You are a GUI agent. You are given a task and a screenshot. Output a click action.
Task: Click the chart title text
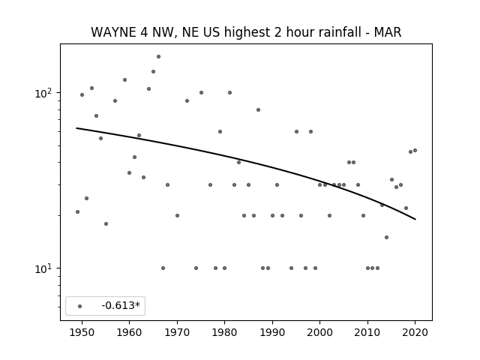click(246, 32)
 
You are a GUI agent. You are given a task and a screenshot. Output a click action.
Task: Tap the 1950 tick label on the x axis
click(82, 333)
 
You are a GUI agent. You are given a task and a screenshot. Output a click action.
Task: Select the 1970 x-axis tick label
click(177, 333)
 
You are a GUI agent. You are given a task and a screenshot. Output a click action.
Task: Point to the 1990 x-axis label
click(272, 333)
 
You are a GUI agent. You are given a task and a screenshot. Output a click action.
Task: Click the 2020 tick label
click(415, 333)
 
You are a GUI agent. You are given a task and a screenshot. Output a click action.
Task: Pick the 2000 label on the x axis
click(320, 333)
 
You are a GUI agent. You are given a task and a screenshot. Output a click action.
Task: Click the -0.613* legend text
click(121, 305)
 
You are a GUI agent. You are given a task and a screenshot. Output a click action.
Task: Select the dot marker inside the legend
click(80, 306)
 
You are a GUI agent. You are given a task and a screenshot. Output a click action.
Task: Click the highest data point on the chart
click(158, 57)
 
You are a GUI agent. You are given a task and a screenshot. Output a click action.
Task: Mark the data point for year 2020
click(415, 150)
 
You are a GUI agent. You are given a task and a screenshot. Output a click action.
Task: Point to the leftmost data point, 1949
click(77, 211)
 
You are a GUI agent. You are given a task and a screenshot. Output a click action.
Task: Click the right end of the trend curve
click(415, 219)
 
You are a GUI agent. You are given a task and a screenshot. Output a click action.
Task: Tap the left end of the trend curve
click(76, 128)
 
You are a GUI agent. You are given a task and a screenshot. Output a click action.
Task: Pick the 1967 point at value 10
click(163, 268)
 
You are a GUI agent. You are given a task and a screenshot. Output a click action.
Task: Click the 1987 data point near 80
click(258, 110)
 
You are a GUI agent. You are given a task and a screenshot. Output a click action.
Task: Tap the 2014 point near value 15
click(387, 237)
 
